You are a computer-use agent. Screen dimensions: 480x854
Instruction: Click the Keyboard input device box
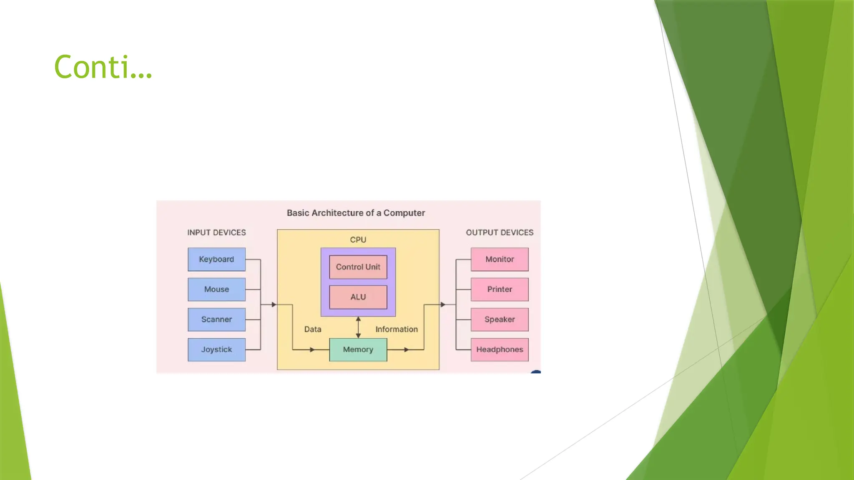[x=216, y=259]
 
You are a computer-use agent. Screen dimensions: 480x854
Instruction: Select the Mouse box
[x=216, y=289]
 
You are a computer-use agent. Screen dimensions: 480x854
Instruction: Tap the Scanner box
[x=216, y=320]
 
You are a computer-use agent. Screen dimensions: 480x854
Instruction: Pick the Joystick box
[x=216, y=350]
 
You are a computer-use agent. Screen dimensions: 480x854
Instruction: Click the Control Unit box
[x=358, y=267]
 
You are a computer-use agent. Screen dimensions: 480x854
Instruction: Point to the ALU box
[x=358, y=297]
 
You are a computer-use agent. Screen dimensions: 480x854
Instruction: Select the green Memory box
[x=358, y=350]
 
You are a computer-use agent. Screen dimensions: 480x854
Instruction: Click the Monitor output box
[x=500, y=259]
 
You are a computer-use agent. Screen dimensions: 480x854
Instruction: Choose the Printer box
[x=500, y=289]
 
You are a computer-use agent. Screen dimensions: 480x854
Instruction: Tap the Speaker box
[x=500, y=320]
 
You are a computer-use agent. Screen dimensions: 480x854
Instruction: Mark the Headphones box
[x=500, y=350]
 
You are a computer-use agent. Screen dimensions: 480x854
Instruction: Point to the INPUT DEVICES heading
[x=216, y=232]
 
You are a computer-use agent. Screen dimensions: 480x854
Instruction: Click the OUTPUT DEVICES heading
[x=500, y=232]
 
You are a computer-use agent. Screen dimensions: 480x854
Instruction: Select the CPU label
[x=358, y=240]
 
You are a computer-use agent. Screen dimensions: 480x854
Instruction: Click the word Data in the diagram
[x=313, y=329]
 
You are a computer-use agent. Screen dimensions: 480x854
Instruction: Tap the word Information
[x=397, y=329]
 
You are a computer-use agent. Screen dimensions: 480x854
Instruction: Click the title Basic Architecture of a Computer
[x=356, y=213]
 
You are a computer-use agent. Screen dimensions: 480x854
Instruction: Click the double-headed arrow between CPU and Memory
[x=358, y=327]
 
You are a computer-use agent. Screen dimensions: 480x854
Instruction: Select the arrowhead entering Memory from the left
[x=312, y=350]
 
